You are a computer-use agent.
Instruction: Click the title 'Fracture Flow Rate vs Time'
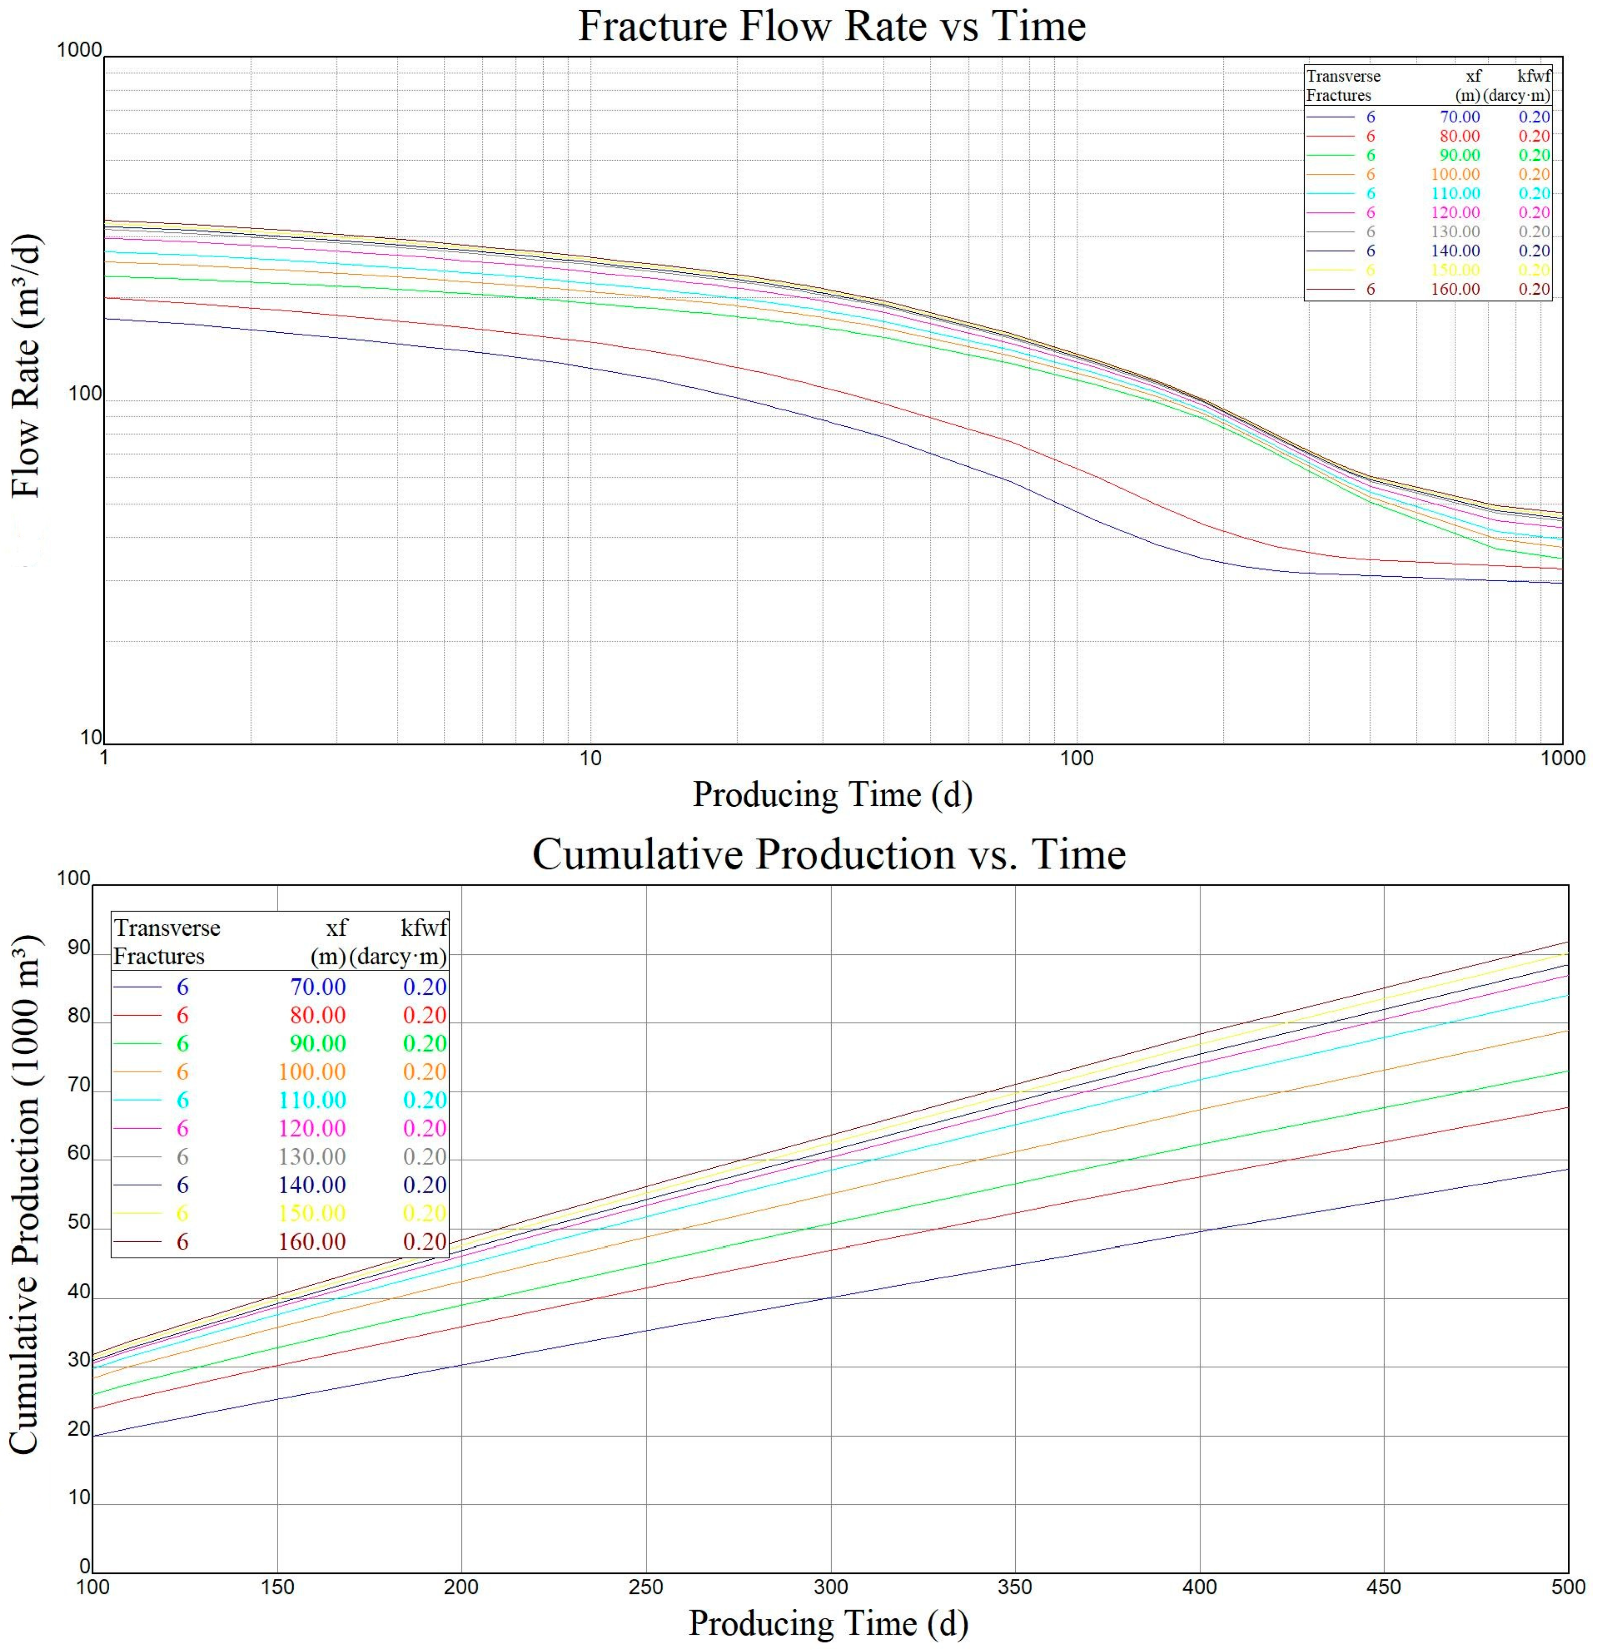pos(831,26)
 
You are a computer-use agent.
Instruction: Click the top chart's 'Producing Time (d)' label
pos(832,794)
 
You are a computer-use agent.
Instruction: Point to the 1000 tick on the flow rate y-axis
pos(79,51)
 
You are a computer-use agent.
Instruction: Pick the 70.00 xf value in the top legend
pos(1459,117)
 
